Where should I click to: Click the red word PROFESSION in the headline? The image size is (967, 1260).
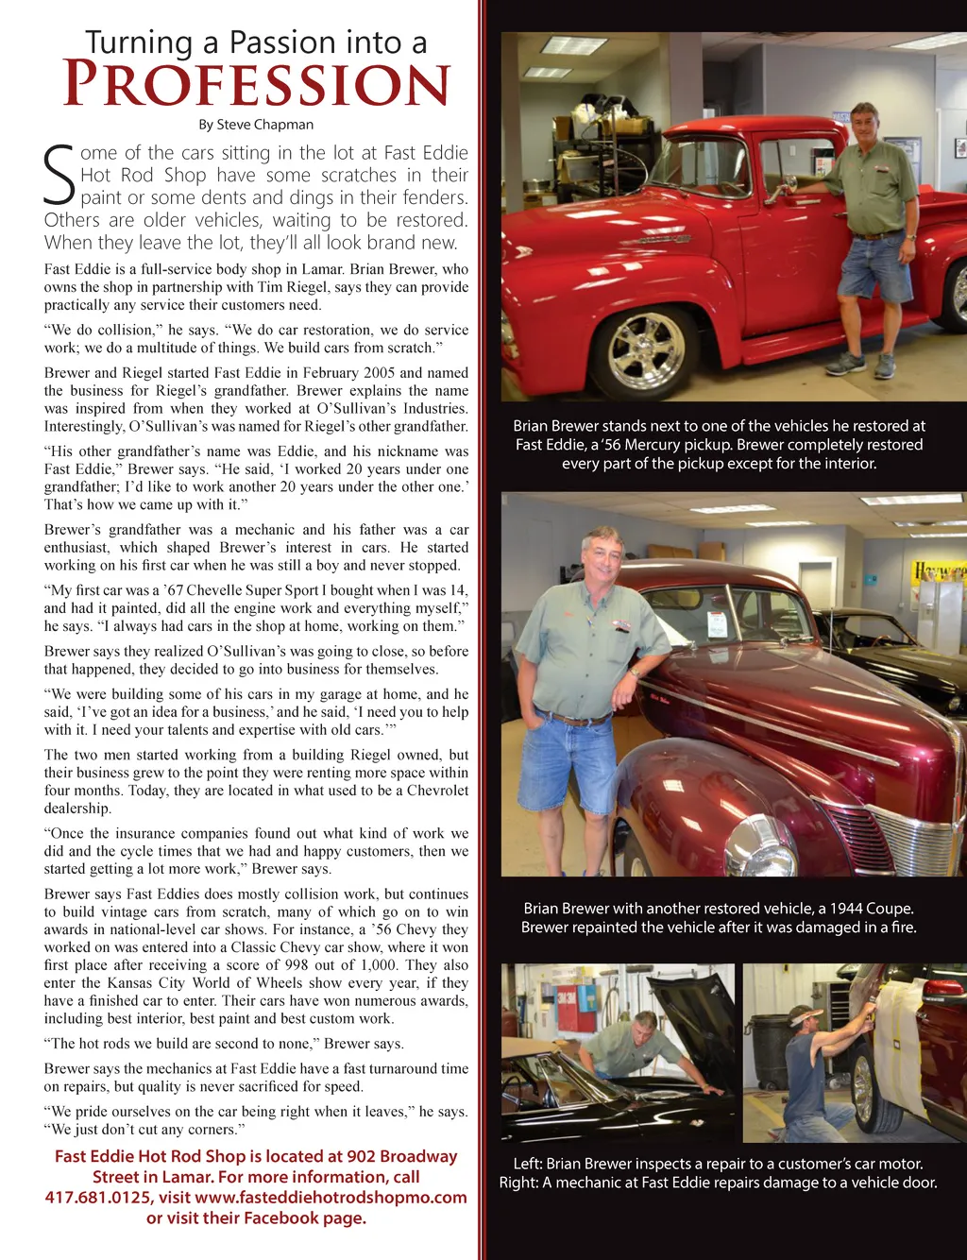(x=256, y=86)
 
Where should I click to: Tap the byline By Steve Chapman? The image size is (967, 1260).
(x=256, y=125)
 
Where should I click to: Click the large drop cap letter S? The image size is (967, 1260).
(x=59, y=176)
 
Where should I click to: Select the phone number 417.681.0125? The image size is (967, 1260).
(x=98, y=1198)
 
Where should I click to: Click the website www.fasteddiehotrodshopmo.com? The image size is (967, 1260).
(x=331, y=1198)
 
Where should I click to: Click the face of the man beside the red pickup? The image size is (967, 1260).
(x=863, y=125)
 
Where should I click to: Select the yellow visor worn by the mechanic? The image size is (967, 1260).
(x=806, y=1018)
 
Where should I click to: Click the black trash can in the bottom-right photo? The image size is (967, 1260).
(x=772, y=1048)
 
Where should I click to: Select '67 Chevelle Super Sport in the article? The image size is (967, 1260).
(x=228, y=590)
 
